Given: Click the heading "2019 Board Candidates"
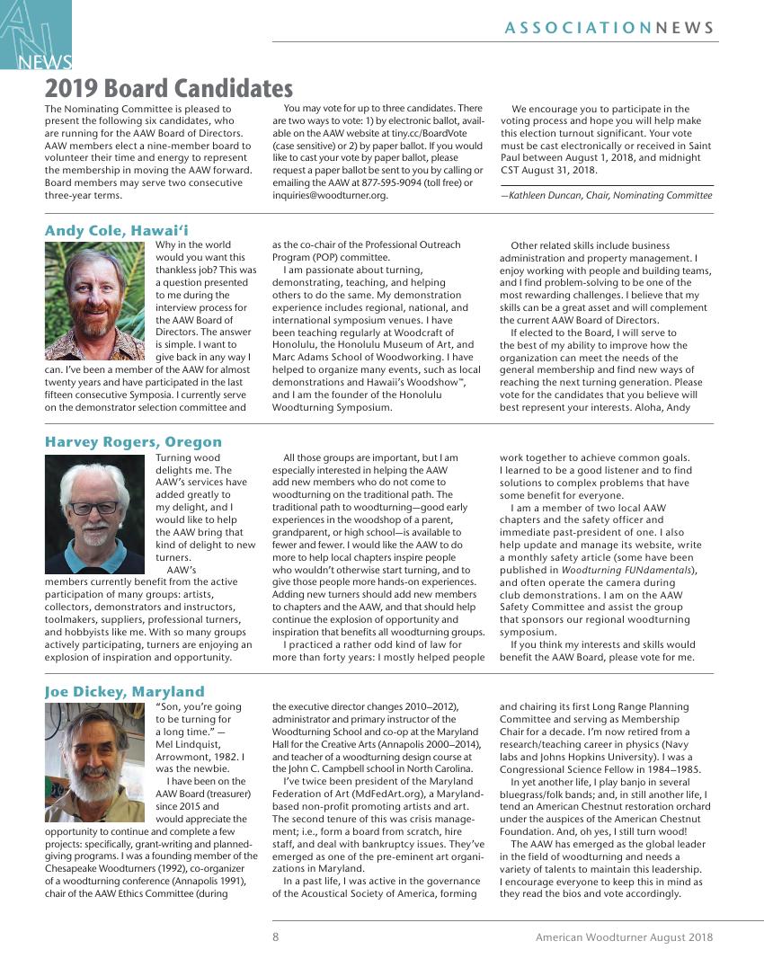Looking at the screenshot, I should (x=169, y=88).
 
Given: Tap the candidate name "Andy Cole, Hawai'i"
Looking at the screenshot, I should (x=117, y=231).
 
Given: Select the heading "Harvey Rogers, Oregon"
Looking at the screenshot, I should (x=133, y=442).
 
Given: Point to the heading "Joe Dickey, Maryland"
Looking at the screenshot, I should (x=125, y=691).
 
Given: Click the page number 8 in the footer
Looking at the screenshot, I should (x=276, y=936).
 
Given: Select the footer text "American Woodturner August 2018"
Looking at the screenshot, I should (x=624, y=936).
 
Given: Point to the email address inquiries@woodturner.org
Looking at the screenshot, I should (x=331, y=195).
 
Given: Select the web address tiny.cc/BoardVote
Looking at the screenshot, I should (x=423, y=133).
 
